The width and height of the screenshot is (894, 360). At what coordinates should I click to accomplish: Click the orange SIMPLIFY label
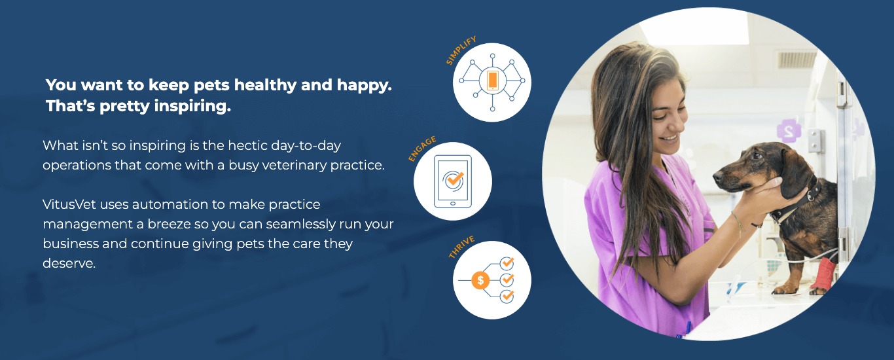tap(461, 50)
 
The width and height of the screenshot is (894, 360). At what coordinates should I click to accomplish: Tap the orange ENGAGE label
tap(421, 149)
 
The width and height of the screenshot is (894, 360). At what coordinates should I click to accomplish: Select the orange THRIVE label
tap(461, 247)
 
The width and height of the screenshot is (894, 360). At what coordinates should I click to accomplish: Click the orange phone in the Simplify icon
tap(493, 81)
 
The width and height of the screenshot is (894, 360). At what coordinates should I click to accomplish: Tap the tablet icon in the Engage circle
tap(453, 181)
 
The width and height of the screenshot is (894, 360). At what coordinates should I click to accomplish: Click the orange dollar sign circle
tap(480, 280)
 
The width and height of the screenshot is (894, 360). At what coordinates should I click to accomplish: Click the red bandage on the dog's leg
tap(823, 274)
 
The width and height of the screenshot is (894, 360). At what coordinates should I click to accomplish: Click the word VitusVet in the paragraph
tap(69, 204)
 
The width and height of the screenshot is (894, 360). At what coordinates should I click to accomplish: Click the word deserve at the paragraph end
tap(69, 263)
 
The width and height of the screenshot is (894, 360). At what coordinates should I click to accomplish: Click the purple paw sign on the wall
tap(789, 130)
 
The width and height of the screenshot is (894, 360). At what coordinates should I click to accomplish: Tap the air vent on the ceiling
tap(796, 60)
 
